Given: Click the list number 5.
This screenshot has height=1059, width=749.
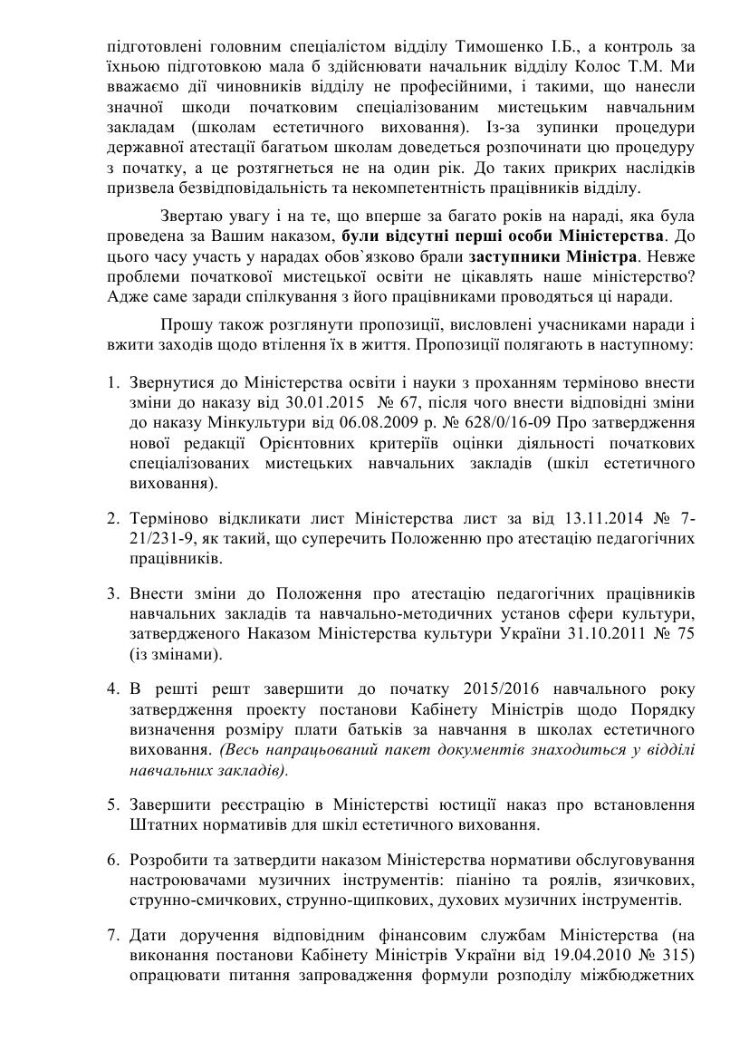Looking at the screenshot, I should point(113,804).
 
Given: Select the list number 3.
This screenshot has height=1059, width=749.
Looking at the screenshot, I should point(113,593).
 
